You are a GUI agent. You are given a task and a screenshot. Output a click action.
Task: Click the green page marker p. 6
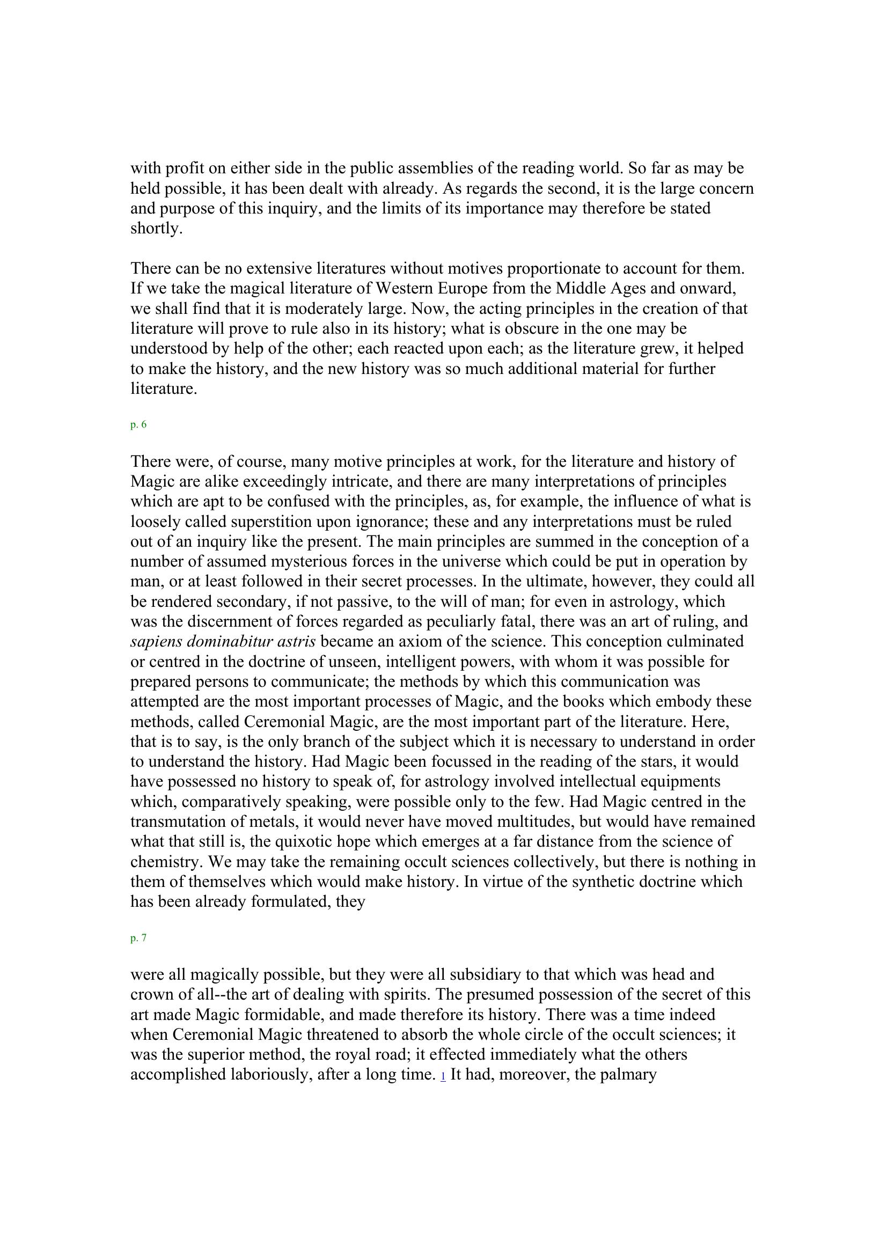click(x=138, y=425)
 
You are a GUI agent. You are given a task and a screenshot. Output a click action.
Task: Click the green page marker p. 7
click(x=138, y=938)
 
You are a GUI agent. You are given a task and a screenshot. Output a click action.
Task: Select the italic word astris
click(x=291, y=641)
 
